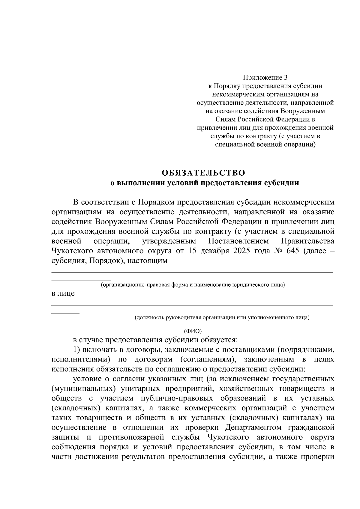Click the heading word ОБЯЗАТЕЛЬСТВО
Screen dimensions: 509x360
203,173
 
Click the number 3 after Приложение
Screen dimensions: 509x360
285,78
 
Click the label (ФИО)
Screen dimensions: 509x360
193,331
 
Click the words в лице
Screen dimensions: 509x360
63,293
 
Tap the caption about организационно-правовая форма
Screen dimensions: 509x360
193,284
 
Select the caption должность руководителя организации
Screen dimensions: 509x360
222,317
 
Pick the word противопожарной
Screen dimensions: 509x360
130,437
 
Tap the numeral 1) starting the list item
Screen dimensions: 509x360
76,350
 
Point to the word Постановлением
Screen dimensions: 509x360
239,241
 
